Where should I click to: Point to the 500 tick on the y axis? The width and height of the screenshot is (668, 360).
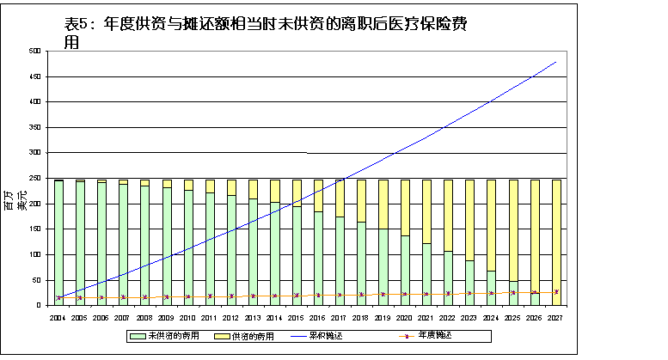pos(36,52)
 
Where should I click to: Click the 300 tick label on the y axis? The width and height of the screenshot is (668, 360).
pos(36,153)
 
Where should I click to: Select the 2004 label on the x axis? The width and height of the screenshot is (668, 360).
pos(58,317)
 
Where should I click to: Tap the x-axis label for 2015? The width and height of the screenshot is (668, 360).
pos(297,317)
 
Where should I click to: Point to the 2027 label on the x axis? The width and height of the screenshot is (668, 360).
pos(556,317)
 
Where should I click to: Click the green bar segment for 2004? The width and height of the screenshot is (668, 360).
pos(58,241)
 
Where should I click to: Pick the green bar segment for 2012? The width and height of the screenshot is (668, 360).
pos(231,249)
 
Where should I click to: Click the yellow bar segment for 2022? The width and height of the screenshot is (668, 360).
pos(448,215)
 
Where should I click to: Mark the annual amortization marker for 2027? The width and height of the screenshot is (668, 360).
pos(556,292)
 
